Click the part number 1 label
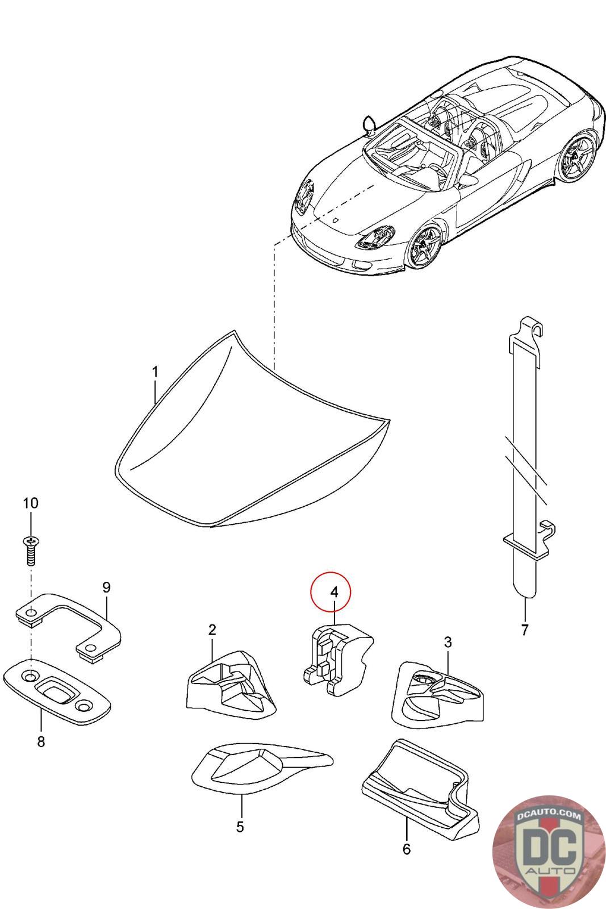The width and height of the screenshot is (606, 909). (155, 373)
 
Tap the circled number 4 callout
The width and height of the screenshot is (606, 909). (334, 592)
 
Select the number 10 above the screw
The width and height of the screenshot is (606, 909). (31, 503)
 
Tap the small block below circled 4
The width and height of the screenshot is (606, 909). (336, 658)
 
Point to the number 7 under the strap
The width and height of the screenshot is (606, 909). (524, 629)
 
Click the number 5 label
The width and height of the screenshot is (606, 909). (240, 827)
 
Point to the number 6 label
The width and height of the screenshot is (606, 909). (406, 849)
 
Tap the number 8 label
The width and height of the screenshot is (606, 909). (41, 741)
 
